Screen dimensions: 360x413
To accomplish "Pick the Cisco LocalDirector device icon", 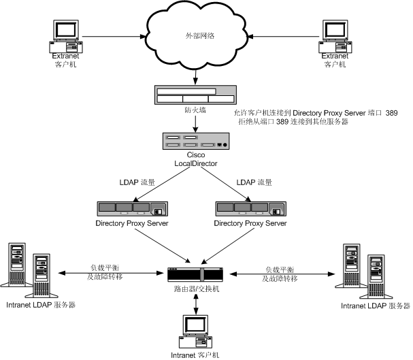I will point(196,141).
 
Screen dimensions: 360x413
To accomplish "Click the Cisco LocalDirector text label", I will point(196,161).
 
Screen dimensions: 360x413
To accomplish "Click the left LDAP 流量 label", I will point(138,182).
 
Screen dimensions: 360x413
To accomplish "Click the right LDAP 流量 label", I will point(254,182).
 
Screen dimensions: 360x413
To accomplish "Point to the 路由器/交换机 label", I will point(196,289).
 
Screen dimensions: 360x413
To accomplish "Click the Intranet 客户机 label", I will point(196,354).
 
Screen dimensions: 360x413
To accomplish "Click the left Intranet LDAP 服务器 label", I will point(40,305).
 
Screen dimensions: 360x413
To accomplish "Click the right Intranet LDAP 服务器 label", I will point(373,307).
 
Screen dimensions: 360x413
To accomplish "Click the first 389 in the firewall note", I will point(391,112).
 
